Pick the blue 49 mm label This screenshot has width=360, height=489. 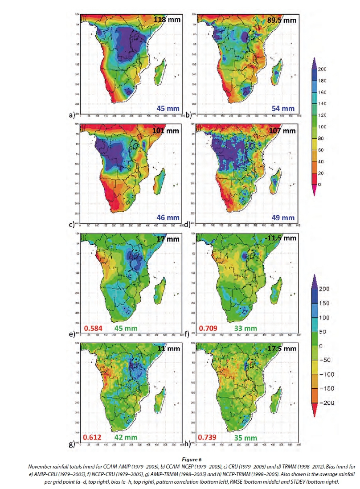pyautogui.click(x=283, y=218)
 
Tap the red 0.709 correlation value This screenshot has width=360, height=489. pyautogui.click(x=208, y=328)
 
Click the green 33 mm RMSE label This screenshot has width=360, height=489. pyautogui.click(x=245, y=328)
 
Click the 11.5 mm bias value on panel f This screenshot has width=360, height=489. pyautogui.click(x=282, y=238)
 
